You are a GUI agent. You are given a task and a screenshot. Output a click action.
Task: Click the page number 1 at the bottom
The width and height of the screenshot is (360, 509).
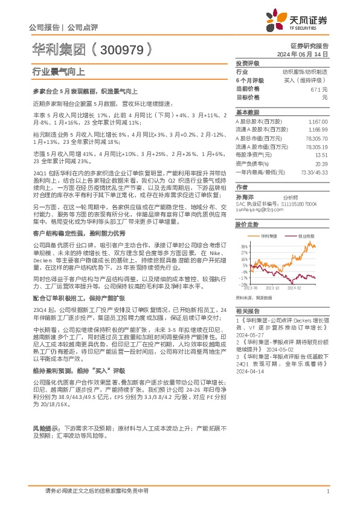(x=327, y=491)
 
